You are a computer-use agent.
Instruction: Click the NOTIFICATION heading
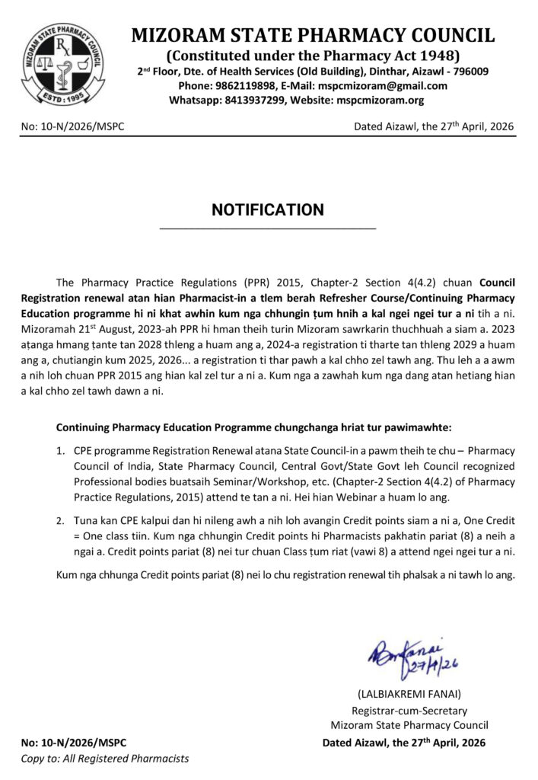268,210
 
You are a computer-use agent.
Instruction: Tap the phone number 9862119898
237,86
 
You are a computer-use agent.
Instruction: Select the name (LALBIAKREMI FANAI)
409,695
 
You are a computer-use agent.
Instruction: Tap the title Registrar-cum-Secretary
409,710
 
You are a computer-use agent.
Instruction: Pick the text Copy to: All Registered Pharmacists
105,759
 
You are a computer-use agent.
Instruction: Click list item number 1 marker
60,452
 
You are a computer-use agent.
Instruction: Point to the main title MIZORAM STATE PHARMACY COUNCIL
313,36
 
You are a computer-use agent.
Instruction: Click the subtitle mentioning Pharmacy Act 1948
313,56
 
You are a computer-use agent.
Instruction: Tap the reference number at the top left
73,127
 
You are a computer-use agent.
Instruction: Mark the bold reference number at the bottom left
74,743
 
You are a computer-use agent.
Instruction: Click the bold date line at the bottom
403,743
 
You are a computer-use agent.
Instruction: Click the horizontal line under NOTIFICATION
268,229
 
